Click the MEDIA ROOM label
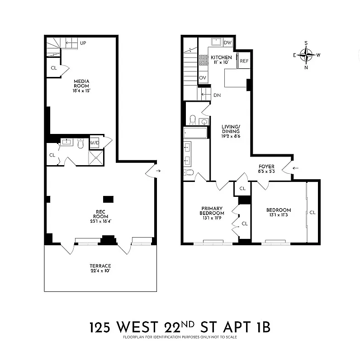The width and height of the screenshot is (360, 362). [82, 86]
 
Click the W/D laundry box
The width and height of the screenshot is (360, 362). [95, 143]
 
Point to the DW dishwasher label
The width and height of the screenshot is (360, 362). [227, 43]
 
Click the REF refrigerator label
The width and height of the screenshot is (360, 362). [244, 61]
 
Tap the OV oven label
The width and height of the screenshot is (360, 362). [203, 78]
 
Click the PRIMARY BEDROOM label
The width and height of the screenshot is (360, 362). [212, 213]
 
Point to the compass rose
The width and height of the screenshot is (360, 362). [306, 55]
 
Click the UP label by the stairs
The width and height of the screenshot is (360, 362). [83, 43]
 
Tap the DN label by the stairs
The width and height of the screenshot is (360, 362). [217, 95]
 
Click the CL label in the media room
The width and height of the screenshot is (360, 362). [54, 68]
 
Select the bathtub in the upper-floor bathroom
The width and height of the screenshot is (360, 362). [195, 133]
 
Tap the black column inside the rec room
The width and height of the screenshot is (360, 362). [108, 199]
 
